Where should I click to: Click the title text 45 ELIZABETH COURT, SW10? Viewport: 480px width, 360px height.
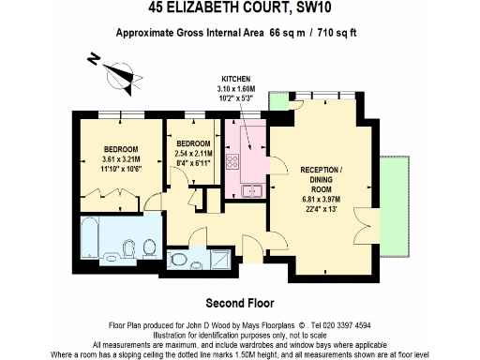[240, 8]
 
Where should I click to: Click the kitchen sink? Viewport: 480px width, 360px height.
[250, 191]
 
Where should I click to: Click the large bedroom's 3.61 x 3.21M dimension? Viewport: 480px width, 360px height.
[121, 160]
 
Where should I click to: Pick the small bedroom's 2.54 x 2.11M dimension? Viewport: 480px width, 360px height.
[193, 154]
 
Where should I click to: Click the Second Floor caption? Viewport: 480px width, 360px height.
[239, 303]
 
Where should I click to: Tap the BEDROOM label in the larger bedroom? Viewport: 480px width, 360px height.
[121, 150]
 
